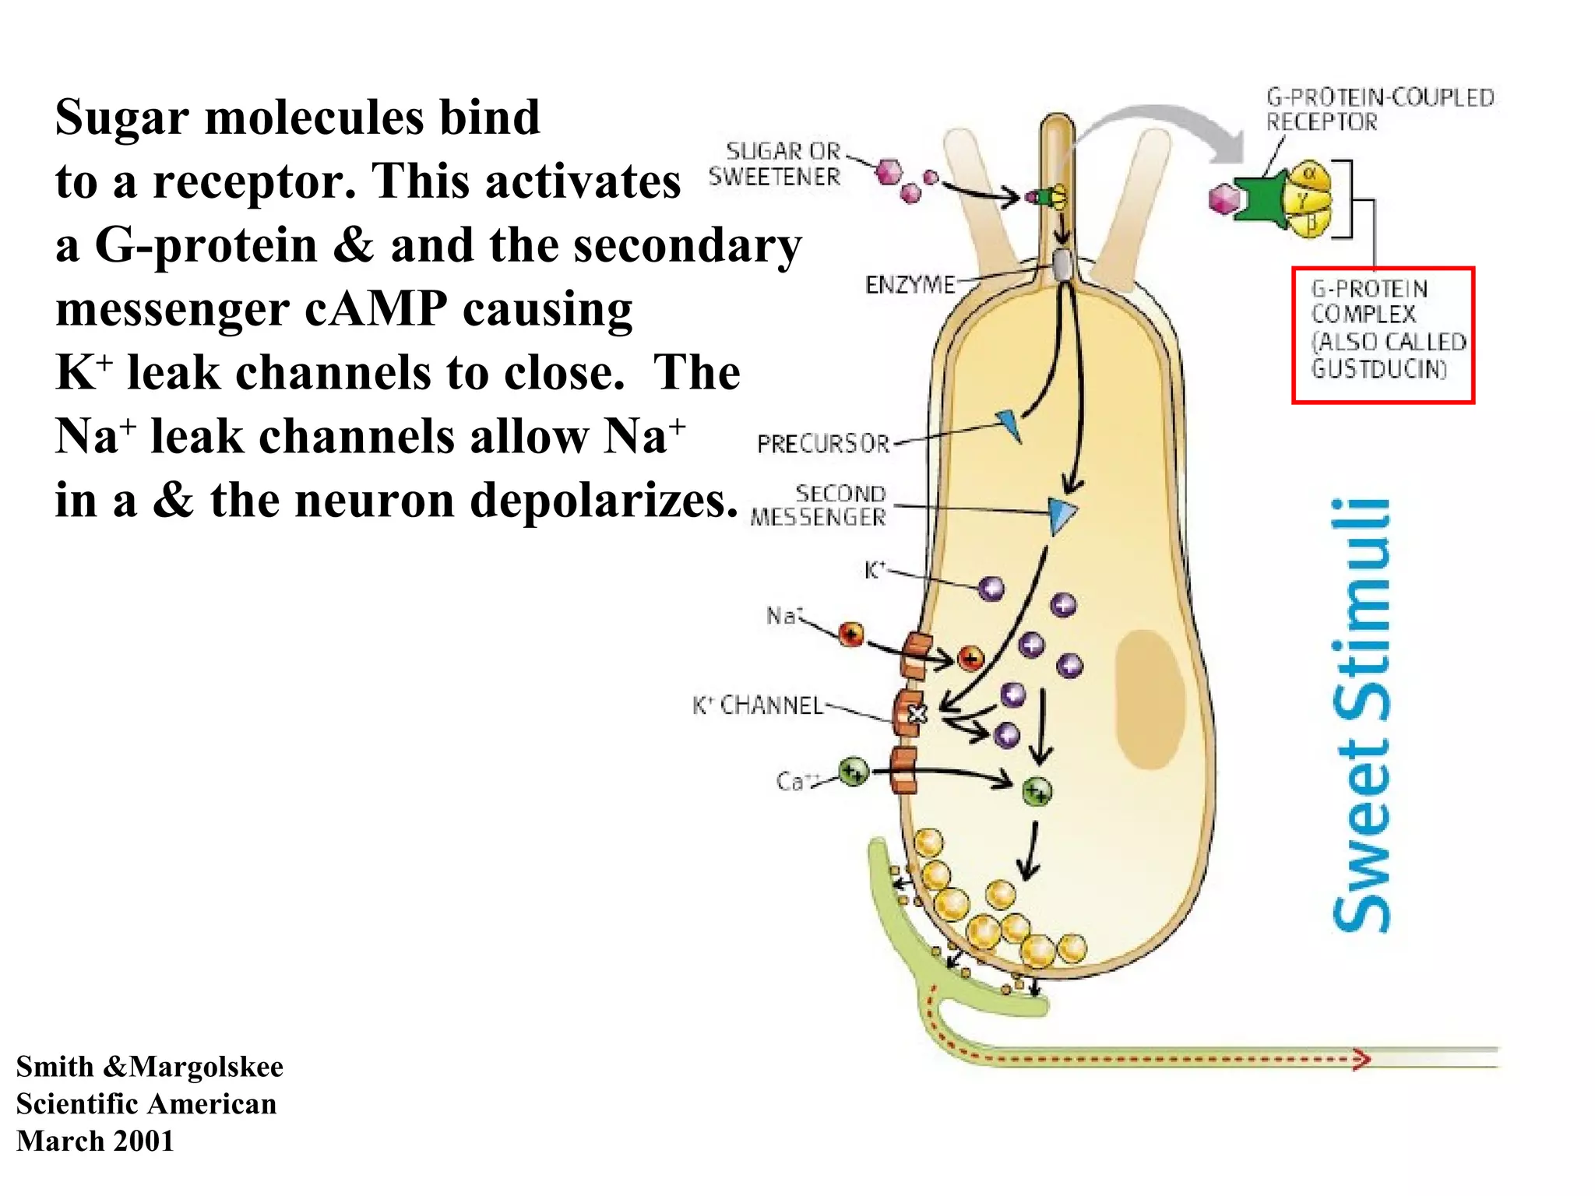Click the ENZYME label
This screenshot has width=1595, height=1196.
click(x=910, y=285)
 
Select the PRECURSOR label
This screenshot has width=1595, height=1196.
click(x=822, y=444)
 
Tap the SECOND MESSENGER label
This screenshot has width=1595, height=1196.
click(x=819, y=505)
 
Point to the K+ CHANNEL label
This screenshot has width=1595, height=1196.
click(x=758, y=705)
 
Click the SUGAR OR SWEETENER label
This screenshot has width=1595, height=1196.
click(x=775, y=164)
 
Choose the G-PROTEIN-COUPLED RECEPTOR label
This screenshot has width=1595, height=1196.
click(x=1379, y=109)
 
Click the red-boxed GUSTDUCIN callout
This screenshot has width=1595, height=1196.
click(x=1383, y=335)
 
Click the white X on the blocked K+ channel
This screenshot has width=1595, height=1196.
click(x=917, y=713)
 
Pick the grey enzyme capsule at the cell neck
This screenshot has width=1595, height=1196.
click(x=1062, y=264)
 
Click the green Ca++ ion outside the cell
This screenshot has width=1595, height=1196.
click(x=854, y=772)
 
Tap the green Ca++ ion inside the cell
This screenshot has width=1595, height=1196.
click(x=1037, y=792)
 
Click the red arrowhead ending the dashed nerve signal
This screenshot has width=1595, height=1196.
click(x=1361, y=1059)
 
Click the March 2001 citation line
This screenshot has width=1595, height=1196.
click(x=95, y=1141)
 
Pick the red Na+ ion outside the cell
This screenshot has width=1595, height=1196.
click(x=851, y=634)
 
